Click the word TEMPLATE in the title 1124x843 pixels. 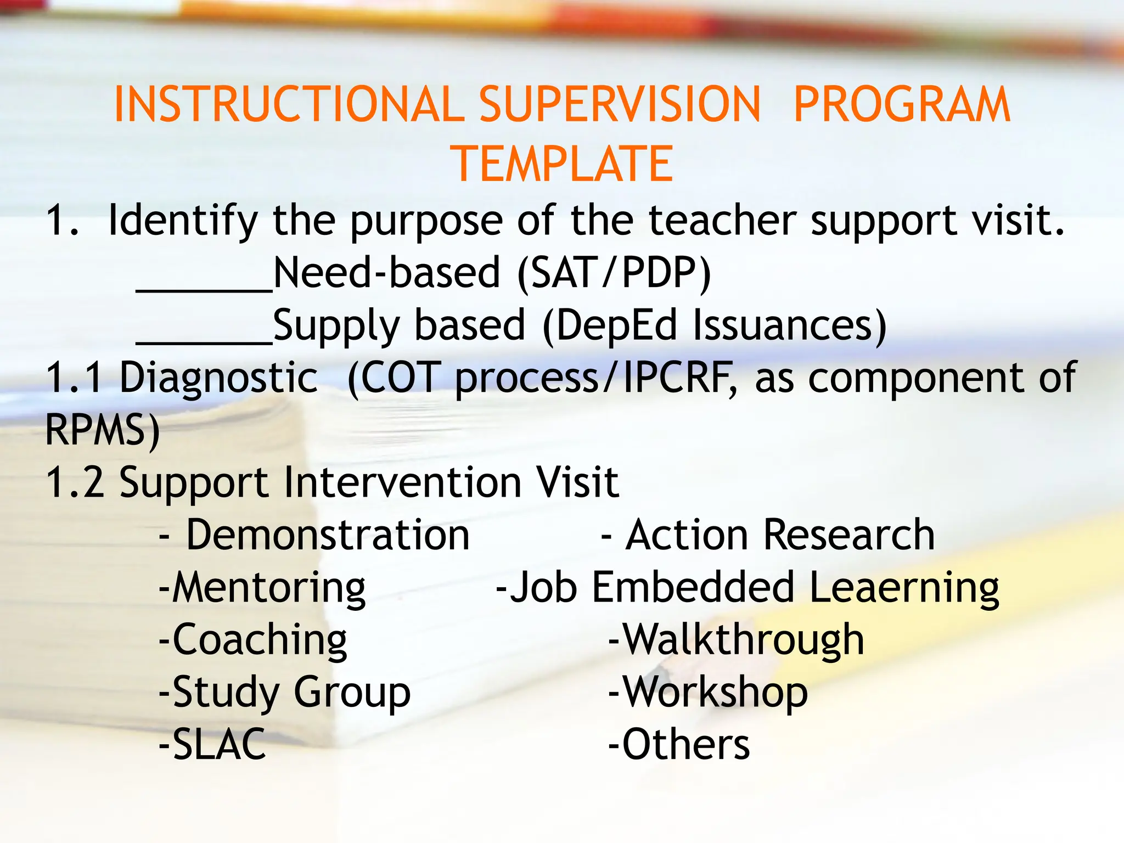click(x=561, y=164)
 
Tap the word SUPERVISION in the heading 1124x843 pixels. click(x=620, y=104)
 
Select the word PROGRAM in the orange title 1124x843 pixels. click(x=901, y=104)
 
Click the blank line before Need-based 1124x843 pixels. click(x=204, y=288)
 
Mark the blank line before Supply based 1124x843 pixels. click(x=204, y=340)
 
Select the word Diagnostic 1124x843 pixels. click(x=218, y=378)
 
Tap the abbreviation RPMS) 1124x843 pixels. click(x=102, y=430)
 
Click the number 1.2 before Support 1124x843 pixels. click(x=75, y=482)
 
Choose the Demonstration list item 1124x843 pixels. click(x=327, y=535)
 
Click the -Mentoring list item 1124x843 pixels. click(x=262, y=588)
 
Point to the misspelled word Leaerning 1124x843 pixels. click(x=903, y=588)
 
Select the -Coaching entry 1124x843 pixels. click(x=252, y=640)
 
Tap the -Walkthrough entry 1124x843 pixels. click(x=737, y=640)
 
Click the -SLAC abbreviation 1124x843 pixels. click(x=212, y=745)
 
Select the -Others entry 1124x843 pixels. click(x=679, y=745)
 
